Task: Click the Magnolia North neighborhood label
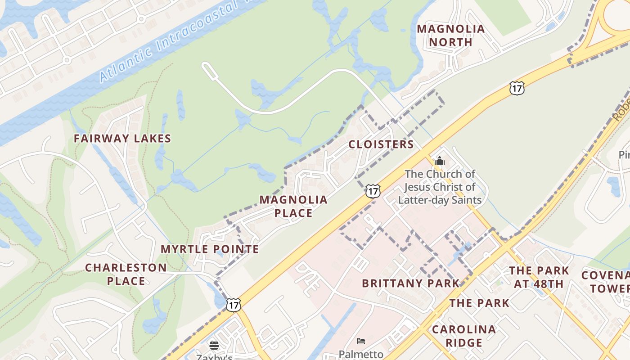pyautogui.click(x=450, y=36)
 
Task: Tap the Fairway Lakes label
pyautogui.click(x=122, y=139)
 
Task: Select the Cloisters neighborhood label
pyautogui.click(x=381, y=144)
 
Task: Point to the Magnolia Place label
pyautogui.click(x=293, y=206)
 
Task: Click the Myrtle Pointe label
pyautogui.click(x=210, y=249)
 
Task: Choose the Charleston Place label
pyautogui.click(x=126, y=274)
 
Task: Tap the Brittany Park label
pyautogui.click(x=410, y=283)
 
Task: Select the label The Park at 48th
pyautogui.click(x=539, y=277)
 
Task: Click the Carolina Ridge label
pyautogui.click(x=463, y=336)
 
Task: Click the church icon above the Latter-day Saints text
pyautogui.click(x=440, y=161)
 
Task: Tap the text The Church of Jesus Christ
pyautogui.click(x=440, y=180)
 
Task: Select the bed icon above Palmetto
pyautogui.click(x=360, y=341)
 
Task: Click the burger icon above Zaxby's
pyautogui.click(x=214, y=345)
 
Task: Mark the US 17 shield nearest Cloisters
pyautogui.click(x=373, y=191)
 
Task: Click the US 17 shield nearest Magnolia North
pyautogui.click(x=517, y=88)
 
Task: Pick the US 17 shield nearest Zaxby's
pyautogui.click(x=233, y=305)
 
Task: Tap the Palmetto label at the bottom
pyautogui.click(x=360, y=355)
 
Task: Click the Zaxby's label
pyautogui.click(x=214, y=357)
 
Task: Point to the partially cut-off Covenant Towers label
pyautogui.click(x=605, y=282)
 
